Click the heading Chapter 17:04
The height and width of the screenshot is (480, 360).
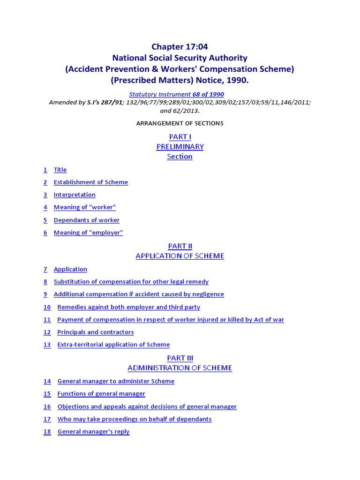click(x=180, y=46)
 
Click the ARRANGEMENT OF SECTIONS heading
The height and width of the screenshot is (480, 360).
click(x=180, y=123)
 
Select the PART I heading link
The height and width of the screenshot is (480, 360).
click(x=180, y=136)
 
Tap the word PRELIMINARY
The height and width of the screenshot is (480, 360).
click(x=180, y=147)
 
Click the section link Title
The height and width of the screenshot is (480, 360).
click(x=60, y=170)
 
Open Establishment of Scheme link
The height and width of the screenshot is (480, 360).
click(x=90, y=182)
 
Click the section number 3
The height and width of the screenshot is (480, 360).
click(x=45, y=195)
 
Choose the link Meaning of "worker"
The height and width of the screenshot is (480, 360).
click(x=84, y=208)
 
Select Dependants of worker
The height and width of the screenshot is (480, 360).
click(x=86, y=220)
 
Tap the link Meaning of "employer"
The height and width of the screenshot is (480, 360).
click(x=88, y=233)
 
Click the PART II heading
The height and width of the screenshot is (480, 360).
click(x=180, y=246)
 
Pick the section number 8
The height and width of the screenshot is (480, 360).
click(x=45, y=282)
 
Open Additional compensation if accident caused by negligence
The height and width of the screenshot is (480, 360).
click(x=139, y=294)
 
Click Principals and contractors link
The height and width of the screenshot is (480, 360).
click(x=95, y=332)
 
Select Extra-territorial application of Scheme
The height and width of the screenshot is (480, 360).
click(x=113, y=345)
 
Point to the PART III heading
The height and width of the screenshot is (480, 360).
click(x=180, y=358)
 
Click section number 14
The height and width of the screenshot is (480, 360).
click(x=47, y=382)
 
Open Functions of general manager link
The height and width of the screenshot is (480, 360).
click(x=101, y=394)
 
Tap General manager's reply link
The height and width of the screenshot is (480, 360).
click(x=93, y=432)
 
